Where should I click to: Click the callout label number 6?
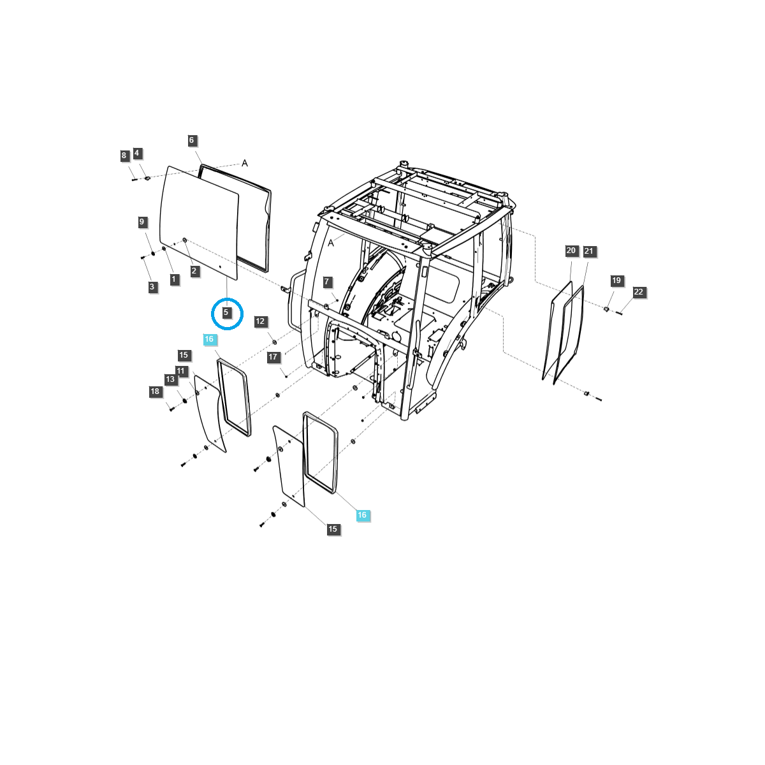pyautogui.click(x=191, y=140)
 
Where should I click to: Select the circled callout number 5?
pyautogui.click(x=226, y=313)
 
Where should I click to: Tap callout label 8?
pyautogui.click(x=124, y=156)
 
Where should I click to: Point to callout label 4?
pyautogui.click(x=137, y=153)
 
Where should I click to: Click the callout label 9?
pyautogui.click(x=142, y=222)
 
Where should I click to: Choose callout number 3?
pyautogui.click(x=152, y=287)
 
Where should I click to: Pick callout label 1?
pyautogui.click(x=173, y=279)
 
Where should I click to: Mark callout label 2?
pyautogui.click(x=194, y=271)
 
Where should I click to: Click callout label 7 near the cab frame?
pyautogui.click(x=327, y=282)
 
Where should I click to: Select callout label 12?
pyautogui.click(x=260, y=321)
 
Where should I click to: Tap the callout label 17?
pyautogui.click(x=273, y=357)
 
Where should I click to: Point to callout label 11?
pyautogui.click(x=181, y=371)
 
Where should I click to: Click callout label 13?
pyautogui.click(x=170, y=379)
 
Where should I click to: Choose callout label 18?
pyautogui.click(x=155, y=391)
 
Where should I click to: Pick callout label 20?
pyautogui.click(x=571, y=251)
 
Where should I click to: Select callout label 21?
pyautogui.click(x=588, y=251)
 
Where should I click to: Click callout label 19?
pyautogui.click(x=616, y=280)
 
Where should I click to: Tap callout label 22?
pyautogui.click(x=639, y=292)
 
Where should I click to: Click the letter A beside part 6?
pyautogui.click(x=245, y=163)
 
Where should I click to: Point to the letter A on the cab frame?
pyautogui.click(x=331, y=243)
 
